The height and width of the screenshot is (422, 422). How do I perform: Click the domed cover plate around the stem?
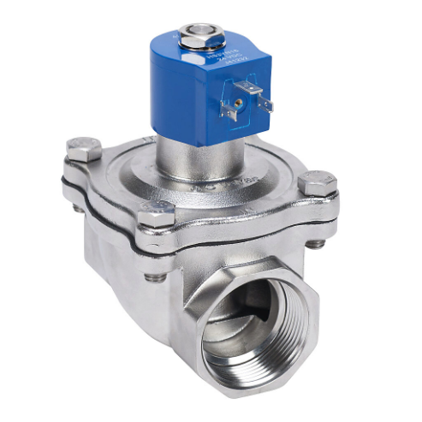(128, 171)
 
